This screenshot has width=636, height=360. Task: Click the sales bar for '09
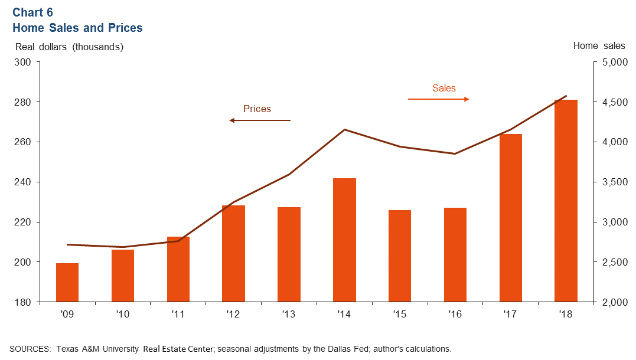pos(67,282)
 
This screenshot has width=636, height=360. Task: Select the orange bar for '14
pos(344,240)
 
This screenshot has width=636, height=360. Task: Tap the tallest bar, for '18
pos(566,201)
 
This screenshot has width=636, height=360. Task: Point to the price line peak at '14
pos(344,129)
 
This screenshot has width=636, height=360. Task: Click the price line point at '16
pos(455,154)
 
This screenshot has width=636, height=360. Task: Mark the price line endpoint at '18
pos(566,96)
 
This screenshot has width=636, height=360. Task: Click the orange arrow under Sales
pos(438,99)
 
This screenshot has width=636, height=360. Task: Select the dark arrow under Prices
pos(260,120)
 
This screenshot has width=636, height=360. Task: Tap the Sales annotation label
pos(444,89)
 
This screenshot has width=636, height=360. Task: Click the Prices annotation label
pos(257,109)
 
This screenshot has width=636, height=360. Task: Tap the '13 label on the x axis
pos(289,315)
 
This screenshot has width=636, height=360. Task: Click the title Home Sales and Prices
pos(77,28)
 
